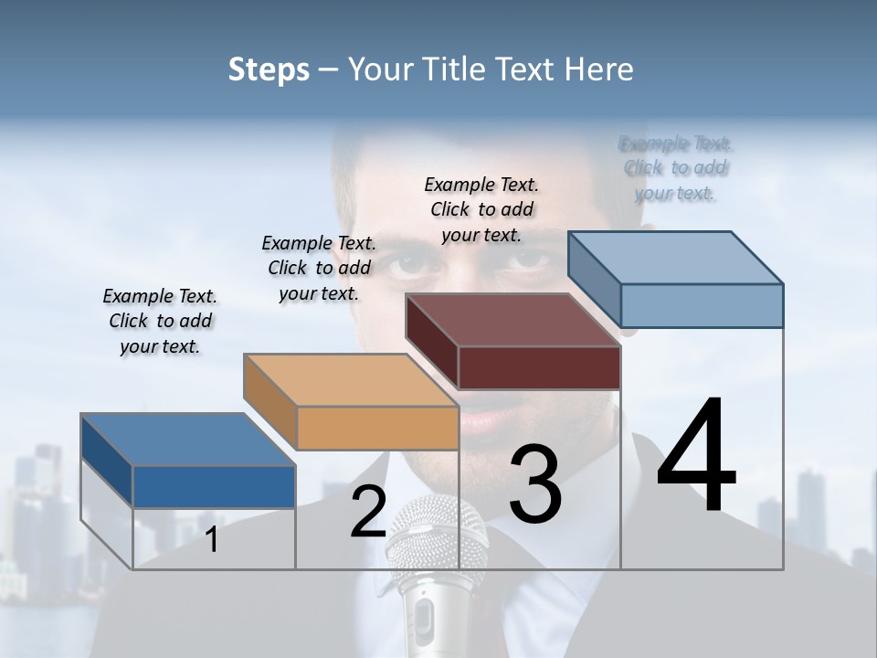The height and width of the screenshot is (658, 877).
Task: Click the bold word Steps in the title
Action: (269, 69)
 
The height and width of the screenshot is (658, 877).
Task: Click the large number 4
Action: (696, 456)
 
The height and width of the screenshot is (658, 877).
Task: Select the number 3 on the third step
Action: (534, 484)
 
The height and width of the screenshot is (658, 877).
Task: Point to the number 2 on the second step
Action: (368, 513)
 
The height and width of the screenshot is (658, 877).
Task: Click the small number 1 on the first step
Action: (212, 539)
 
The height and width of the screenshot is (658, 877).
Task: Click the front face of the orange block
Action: (377, 428)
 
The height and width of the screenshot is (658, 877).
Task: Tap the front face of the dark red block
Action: (539, 367)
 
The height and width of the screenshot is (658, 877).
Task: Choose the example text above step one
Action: (160, 321)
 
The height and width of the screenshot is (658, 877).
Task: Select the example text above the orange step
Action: (319, 268)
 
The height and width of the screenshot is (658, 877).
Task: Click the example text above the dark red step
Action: (481, 209)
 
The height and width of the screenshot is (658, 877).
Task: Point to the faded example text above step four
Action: (675, 168)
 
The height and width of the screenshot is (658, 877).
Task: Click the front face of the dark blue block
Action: (214, 486)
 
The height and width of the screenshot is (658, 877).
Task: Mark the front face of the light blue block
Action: (702, 305)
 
